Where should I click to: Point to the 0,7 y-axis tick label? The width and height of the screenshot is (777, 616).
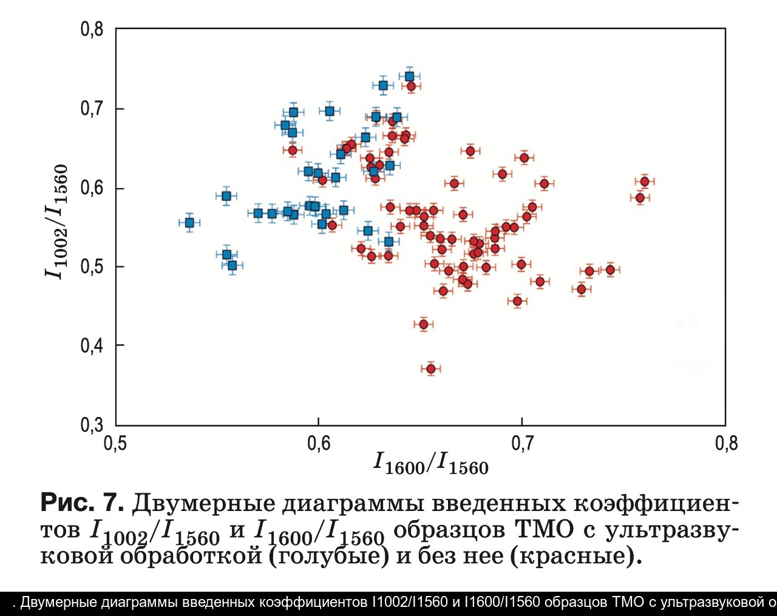[x=92, y=109]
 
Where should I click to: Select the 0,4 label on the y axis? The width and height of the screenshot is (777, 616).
[x=92, y=345]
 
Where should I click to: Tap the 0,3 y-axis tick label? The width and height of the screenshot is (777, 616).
[x=92, y=425]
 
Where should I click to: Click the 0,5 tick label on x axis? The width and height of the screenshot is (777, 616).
[x=115, y=444]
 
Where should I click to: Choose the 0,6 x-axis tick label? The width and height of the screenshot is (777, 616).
[x=319, y=444]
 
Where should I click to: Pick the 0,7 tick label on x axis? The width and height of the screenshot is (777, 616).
[x=521, y=444]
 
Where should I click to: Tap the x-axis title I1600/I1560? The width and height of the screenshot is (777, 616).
[x=431, y=464]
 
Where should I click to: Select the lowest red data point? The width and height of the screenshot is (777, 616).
[x=431, y=368]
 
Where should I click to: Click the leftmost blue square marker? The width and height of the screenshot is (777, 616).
[x=189, y=223]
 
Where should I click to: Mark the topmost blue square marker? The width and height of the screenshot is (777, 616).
[x=409, y=76]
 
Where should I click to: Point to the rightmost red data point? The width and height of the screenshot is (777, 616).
[x=645, y=181]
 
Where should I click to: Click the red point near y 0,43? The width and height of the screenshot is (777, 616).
[x=424, y=324]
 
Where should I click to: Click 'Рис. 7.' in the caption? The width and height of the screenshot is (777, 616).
[x=83, y=503]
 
